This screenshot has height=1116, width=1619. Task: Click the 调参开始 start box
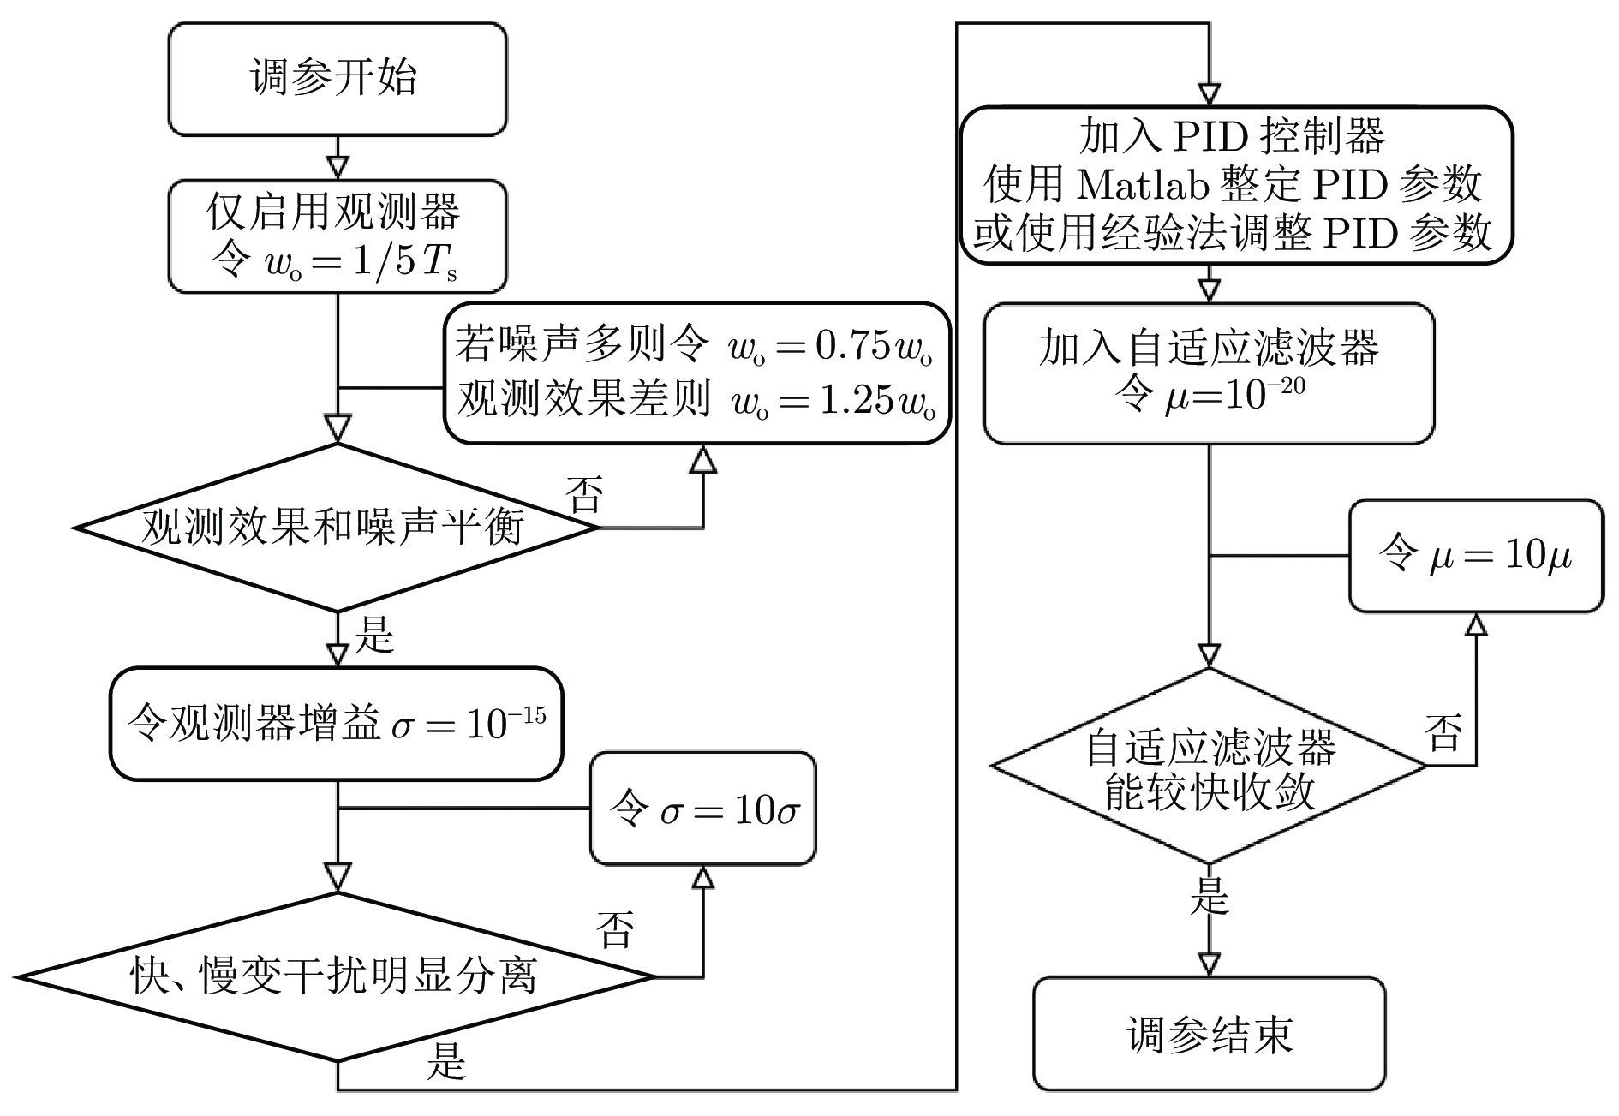(x=337, y=79)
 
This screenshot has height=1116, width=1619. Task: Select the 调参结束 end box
(x=1209, y=1034)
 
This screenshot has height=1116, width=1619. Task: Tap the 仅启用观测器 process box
(x=337, y=236)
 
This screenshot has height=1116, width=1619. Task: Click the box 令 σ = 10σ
(x=703, y=809)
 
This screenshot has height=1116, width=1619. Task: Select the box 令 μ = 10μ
(x=1475, y=556)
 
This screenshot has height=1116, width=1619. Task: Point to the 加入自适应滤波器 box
(x=1209, y=373)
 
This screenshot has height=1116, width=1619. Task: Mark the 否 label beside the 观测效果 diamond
(x=585, y=494)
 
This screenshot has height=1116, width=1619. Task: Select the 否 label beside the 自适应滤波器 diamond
(x=1443, y=732)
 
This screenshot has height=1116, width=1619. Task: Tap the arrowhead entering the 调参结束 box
(x=1209, y=964)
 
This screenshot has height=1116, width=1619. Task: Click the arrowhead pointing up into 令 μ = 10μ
(x=1475, y=624)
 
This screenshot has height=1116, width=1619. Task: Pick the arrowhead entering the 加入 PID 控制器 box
(x=1209, y=93)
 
